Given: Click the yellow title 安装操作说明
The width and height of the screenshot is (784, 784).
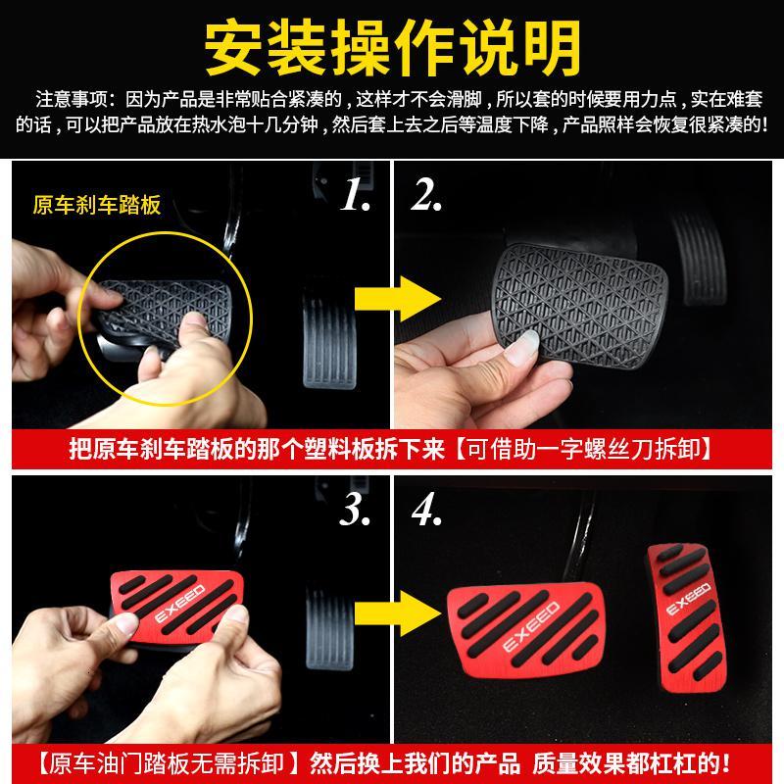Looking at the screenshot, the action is [393, 47].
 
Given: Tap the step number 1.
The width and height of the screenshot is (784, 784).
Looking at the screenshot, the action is [356, 194].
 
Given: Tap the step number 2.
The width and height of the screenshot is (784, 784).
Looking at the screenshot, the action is [426, 194].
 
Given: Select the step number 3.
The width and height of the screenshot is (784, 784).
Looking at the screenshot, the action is [355, 510].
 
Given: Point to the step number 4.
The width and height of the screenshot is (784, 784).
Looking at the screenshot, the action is [426, 510].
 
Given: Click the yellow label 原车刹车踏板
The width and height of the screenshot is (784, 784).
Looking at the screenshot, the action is [97, 205].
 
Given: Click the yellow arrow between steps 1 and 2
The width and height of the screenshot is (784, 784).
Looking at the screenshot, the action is [398, 299].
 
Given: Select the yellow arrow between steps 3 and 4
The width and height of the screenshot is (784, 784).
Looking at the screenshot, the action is [398, 614].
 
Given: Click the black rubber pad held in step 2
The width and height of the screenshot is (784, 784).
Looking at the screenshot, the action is [580, 305].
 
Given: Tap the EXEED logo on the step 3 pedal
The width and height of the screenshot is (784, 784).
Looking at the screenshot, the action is [180, 604].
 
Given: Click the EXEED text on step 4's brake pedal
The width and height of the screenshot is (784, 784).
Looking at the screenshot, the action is [531, 627].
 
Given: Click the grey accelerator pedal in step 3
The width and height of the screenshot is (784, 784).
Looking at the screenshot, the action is [329, 631].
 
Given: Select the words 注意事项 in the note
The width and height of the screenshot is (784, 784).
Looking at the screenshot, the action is [72, 99].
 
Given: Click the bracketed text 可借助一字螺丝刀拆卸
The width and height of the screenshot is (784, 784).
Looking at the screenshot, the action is [584, 449].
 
